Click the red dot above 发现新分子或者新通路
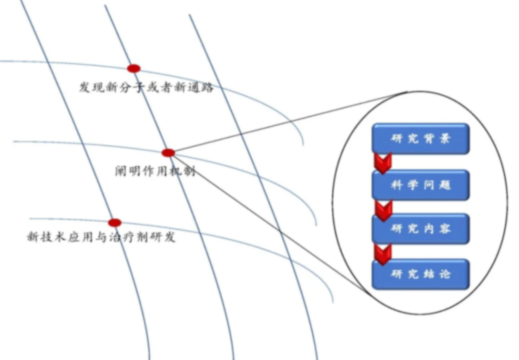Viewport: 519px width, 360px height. (134, 68)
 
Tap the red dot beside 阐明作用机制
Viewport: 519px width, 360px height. (168, 153)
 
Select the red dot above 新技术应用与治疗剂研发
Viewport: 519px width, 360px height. (115, 223)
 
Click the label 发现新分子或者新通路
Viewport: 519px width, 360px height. (146, 87)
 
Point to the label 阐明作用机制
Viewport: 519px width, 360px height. (155, 171)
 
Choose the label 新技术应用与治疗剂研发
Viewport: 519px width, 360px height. (101, 237)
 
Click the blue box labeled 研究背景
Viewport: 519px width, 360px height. (421, 138)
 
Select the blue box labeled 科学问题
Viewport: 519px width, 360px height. (421, 185)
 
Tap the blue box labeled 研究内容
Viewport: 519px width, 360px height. (421, 229)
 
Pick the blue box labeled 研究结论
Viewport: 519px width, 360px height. (421, 274)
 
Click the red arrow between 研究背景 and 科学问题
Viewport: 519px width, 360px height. (383, 162)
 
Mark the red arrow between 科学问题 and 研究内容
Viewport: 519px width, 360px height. (384, 208)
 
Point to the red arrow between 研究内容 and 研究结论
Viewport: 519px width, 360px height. (383, 253)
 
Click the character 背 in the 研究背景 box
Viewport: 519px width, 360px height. (430, 138)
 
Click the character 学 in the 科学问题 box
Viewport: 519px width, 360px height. (414, 185)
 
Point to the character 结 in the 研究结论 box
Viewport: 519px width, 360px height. (430, 274)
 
